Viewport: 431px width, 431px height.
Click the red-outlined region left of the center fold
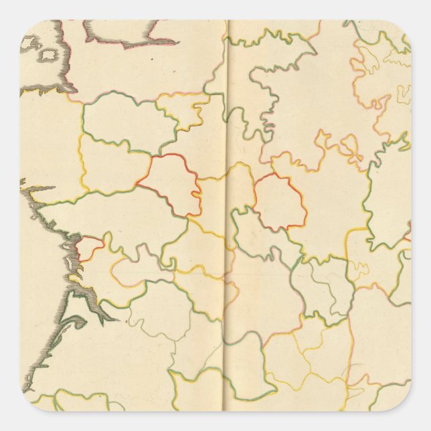tap(171, 184)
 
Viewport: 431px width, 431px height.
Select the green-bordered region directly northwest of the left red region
tap(120, 120)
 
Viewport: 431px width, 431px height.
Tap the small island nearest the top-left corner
tap(29, 43)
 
